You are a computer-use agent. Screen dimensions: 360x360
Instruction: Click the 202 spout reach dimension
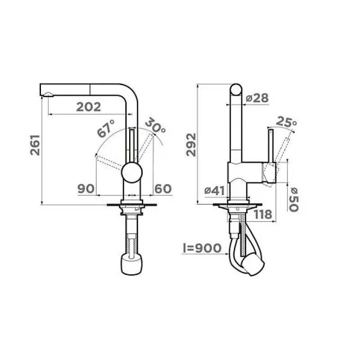pyautogui.click(x=89, y=107)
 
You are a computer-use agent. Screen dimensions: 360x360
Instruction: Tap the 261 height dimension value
pyautogui.click(x=35, y=145)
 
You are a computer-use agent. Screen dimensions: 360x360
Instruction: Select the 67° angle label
pyautogui.click(x=106, y=129)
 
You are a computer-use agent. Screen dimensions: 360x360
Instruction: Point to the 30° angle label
pyautogui.click(x=155, y=126)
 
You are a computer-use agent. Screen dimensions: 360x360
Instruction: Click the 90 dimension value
pyautogui.click(x=86, y=189)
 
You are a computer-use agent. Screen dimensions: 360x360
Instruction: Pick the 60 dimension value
pyautogui.click(x=163, y=189)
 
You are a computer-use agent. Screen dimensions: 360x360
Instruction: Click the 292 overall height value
pyautogui.click(x=191, y=145)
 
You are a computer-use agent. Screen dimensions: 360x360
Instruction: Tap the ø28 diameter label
pyautogui.click(x=257, y=98)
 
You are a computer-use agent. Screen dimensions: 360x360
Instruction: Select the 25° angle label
pyautogui.click(x=286, y=121)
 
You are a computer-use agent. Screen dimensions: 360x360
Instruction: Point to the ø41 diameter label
pyautogui.click(x=215, y=190)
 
